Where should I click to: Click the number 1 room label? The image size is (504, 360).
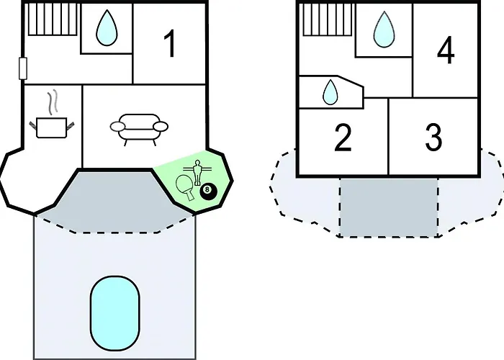170,44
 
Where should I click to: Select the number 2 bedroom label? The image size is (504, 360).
343,138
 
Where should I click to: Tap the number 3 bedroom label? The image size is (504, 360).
433,138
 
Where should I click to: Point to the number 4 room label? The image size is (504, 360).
446,50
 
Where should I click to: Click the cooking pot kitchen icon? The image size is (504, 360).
52,127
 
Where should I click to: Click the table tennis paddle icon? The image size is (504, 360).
185,187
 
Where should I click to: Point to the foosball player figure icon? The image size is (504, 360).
197,172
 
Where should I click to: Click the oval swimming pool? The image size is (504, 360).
115,313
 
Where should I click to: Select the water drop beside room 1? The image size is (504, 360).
107,27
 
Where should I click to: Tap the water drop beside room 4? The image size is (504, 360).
384,30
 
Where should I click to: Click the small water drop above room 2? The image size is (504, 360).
330,92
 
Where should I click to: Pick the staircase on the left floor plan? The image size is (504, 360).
53,19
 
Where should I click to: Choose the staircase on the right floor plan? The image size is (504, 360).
328,19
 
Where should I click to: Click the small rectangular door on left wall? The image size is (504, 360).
23,68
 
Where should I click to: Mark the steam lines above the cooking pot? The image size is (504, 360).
53,102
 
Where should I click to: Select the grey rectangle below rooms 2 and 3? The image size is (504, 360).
389,207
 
